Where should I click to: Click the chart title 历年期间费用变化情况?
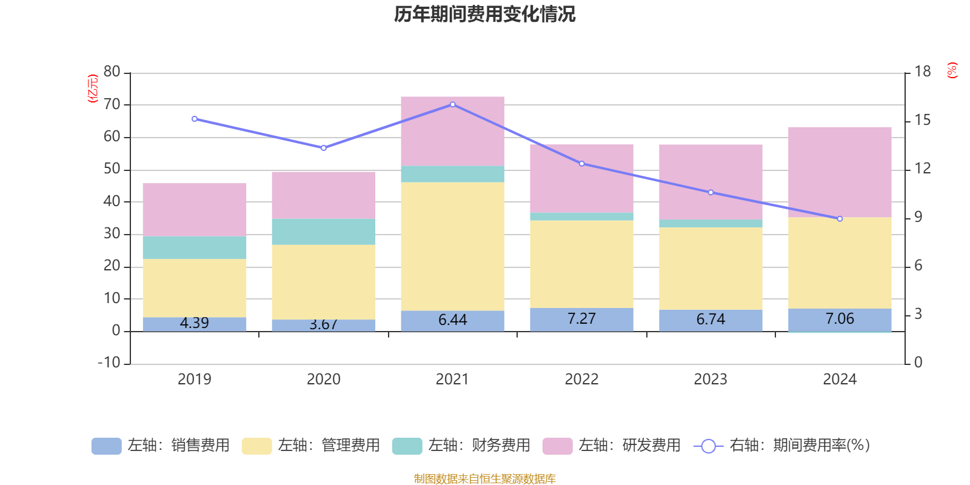point(484,14)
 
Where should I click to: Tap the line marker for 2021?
point(452,105)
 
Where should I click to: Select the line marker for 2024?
point(840,219)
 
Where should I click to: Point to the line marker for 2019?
point(195,119)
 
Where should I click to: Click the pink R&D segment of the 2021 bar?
point(452,130)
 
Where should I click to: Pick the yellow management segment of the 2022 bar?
point(581,264)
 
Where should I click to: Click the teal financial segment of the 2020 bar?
point(323,232)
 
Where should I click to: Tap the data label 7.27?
point(581,319)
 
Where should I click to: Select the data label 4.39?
point(195,323)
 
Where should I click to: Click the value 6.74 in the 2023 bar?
point(711,319)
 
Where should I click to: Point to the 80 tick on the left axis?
point(112,72)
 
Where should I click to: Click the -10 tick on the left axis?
point(110,363)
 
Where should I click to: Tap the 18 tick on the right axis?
point(922,72)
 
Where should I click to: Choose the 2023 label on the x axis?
point(711,380)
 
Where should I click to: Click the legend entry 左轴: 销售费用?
point(161,446)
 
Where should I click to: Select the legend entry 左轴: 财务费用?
point(461,446)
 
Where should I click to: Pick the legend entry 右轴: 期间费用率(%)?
point(782,446)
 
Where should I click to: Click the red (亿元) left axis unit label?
point(93,89)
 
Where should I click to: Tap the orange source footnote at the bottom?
point(484,479)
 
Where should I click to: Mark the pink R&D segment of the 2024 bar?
point(840,172)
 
